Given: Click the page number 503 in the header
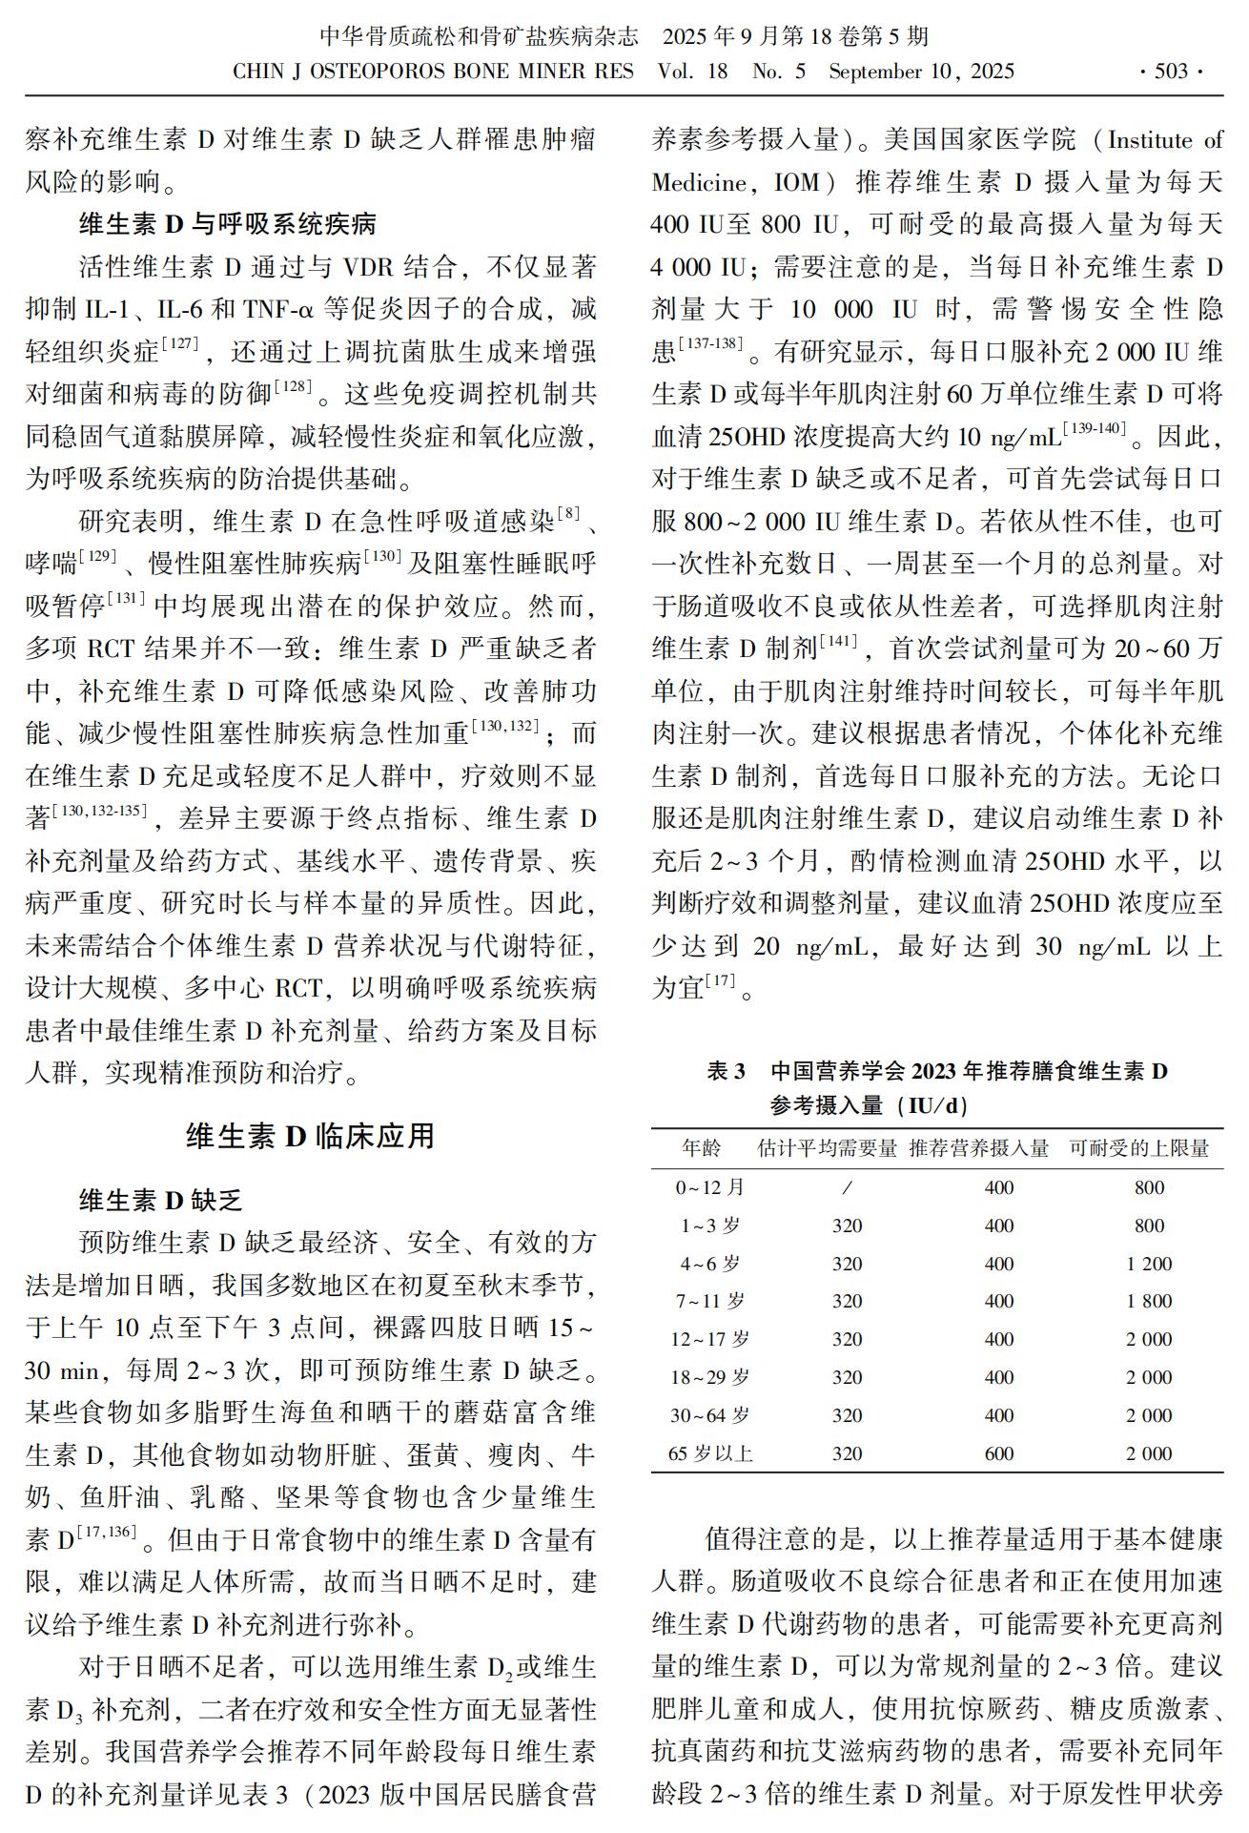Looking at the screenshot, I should tap(1171, 72).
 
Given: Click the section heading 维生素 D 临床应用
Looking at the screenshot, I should tap(311, 1136).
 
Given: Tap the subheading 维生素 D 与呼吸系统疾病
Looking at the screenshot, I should tap(227, 225).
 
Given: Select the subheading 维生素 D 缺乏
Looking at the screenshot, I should tap(160, 1200).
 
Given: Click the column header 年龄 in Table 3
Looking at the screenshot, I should tap(702, 1148).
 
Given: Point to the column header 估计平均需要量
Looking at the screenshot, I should tap(828, 1148).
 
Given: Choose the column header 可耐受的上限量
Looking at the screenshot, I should tap(1139, 1148).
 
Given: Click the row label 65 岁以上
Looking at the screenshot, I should tap(710, 1453).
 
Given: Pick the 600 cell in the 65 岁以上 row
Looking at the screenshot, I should tap(998, 1453).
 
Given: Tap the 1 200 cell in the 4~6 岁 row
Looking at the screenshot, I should tap(1149, 1264).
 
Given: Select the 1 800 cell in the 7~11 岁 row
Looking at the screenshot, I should tap(1149, 1301).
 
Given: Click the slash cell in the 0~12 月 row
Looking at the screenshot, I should tap(847, 1187).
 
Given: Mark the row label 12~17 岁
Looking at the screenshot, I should tap(709, 1339).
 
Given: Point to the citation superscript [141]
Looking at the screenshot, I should tap(838, 641).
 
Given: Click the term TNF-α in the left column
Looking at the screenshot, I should tap(277, 309).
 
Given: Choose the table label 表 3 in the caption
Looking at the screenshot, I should tap(726, 1071).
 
